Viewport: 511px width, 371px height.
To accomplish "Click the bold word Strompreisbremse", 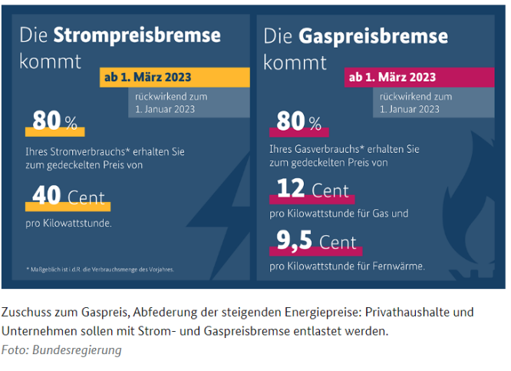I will click(x=137, y=35).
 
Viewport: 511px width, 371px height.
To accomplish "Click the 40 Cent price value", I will click(x=69, y=197).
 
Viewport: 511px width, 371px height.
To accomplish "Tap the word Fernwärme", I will click(x=398, y=267).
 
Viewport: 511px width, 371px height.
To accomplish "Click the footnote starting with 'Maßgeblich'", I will click(x=99, y=269).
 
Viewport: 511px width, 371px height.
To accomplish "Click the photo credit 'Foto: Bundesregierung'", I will click(x=61, y=350).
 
